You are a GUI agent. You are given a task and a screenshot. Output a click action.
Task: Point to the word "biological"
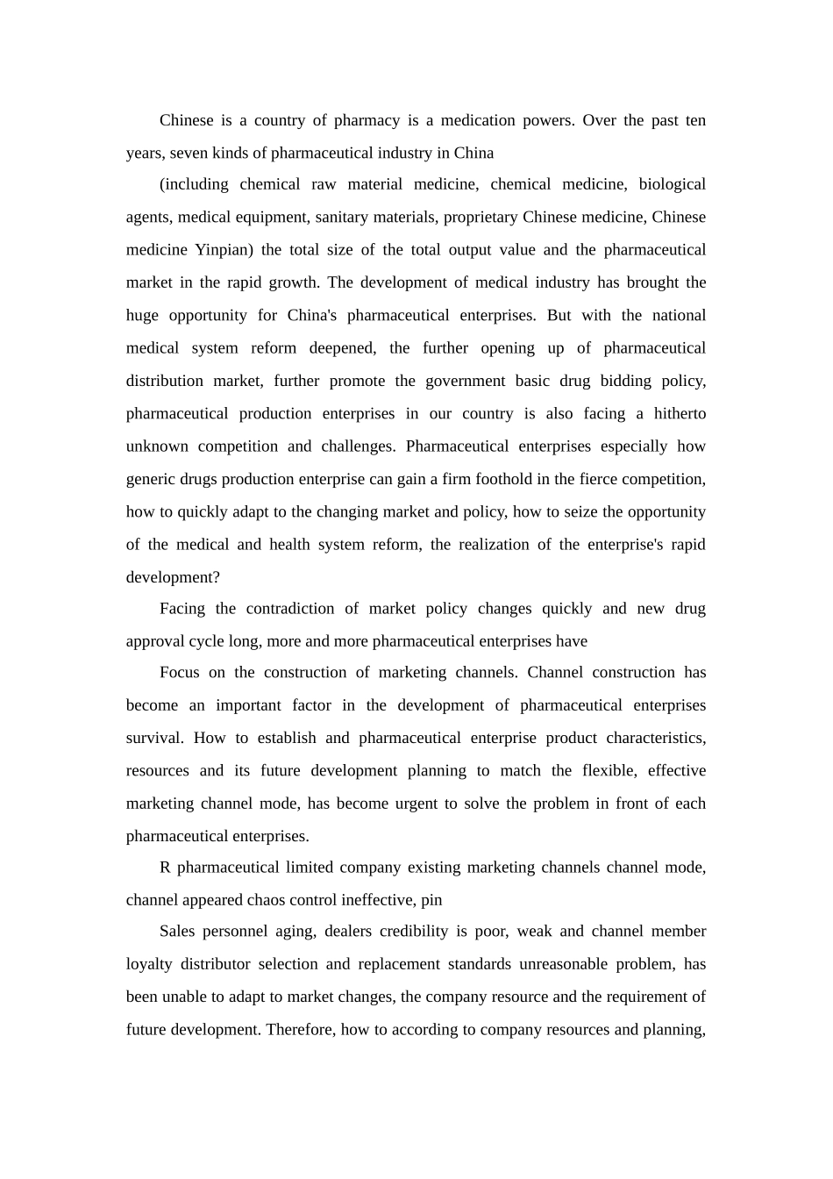[672, 184]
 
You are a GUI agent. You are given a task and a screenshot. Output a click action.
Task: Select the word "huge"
[142, 315]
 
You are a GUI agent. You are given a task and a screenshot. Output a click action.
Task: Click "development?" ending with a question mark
[173, 577]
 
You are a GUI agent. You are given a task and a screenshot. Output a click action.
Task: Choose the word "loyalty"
[149, 964]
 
